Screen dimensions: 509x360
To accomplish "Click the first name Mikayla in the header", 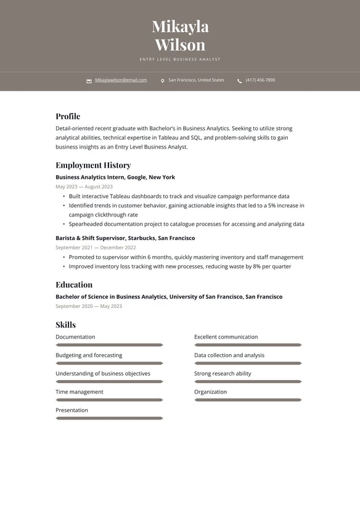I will click(x=180, y=27).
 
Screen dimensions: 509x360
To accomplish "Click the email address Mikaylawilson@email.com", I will click(x=121, y=80).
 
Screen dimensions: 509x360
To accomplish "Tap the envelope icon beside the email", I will click(x=89, y=81).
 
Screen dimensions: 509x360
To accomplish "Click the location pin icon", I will click(x=163, y=81).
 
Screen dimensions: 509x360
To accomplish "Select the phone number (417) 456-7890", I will click(x=260, y=80).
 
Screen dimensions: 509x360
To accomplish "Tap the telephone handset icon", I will click(x=239, y=81).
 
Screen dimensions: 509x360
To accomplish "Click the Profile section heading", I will click(x=68, y=116).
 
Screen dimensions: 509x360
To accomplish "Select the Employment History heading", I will click(x=93, y=165).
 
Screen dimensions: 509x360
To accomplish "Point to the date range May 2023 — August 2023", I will click(x=84, y=186).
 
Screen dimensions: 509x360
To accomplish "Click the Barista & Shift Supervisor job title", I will click(x=125, y=238).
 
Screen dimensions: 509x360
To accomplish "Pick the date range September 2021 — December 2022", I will click(x=96, y=247).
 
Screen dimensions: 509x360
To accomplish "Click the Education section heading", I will click(x=74, y=284).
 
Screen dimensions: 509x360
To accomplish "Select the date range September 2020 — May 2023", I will click(x=89, y=306).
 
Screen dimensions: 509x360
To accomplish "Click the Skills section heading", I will click(x=65, y=325).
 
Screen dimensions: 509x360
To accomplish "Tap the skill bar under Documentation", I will click(x=109, y=345).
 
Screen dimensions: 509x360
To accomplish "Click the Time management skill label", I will click(x=80, y=392).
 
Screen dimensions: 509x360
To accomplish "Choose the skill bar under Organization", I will click(x=248, y=400).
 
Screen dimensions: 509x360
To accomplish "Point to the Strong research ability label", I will click(x=223, y=373).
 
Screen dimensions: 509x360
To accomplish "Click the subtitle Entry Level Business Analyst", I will click(x=180, y=59).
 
